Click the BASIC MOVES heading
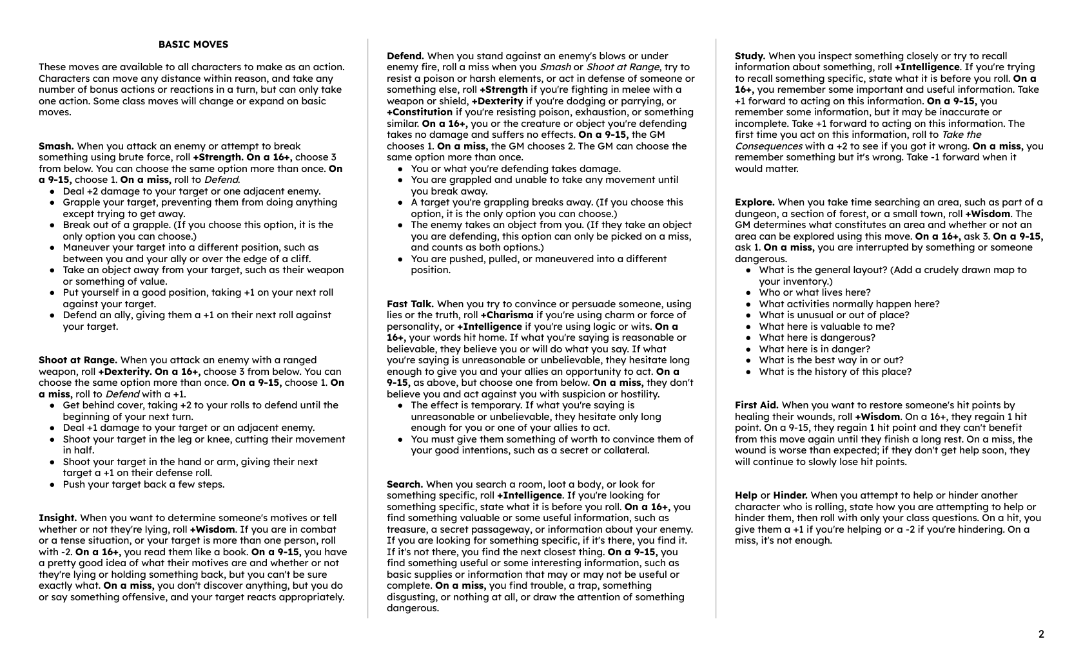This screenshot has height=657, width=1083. (193, 44)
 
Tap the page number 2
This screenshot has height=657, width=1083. (1041, 634)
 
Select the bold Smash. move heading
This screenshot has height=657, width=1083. (56, 146)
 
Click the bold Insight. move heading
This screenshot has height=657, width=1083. (58, 518)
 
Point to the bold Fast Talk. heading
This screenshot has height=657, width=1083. (410, 304)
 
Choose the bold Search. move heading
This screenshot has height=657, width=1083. (405, 484)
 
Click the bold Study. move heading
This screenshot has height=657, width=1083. (750, 56)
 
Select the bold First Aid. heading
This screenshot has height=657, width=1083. (757, 405)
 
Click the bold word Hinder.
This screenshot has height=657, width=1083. (790, 495)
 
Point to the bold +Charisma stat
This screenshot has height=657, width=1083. (507, 315)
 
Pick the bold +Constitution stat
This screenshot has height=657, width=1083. (420, 112)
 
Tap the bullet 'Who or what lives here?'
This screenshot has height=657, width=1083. (815, 292)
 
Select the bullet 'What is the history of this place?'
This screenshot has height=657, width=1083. (835, 372)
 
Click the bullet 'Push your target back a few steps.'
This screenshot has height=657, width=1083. (144, 484)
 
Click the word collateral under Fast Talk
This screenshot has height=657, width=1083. (624, 450)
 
